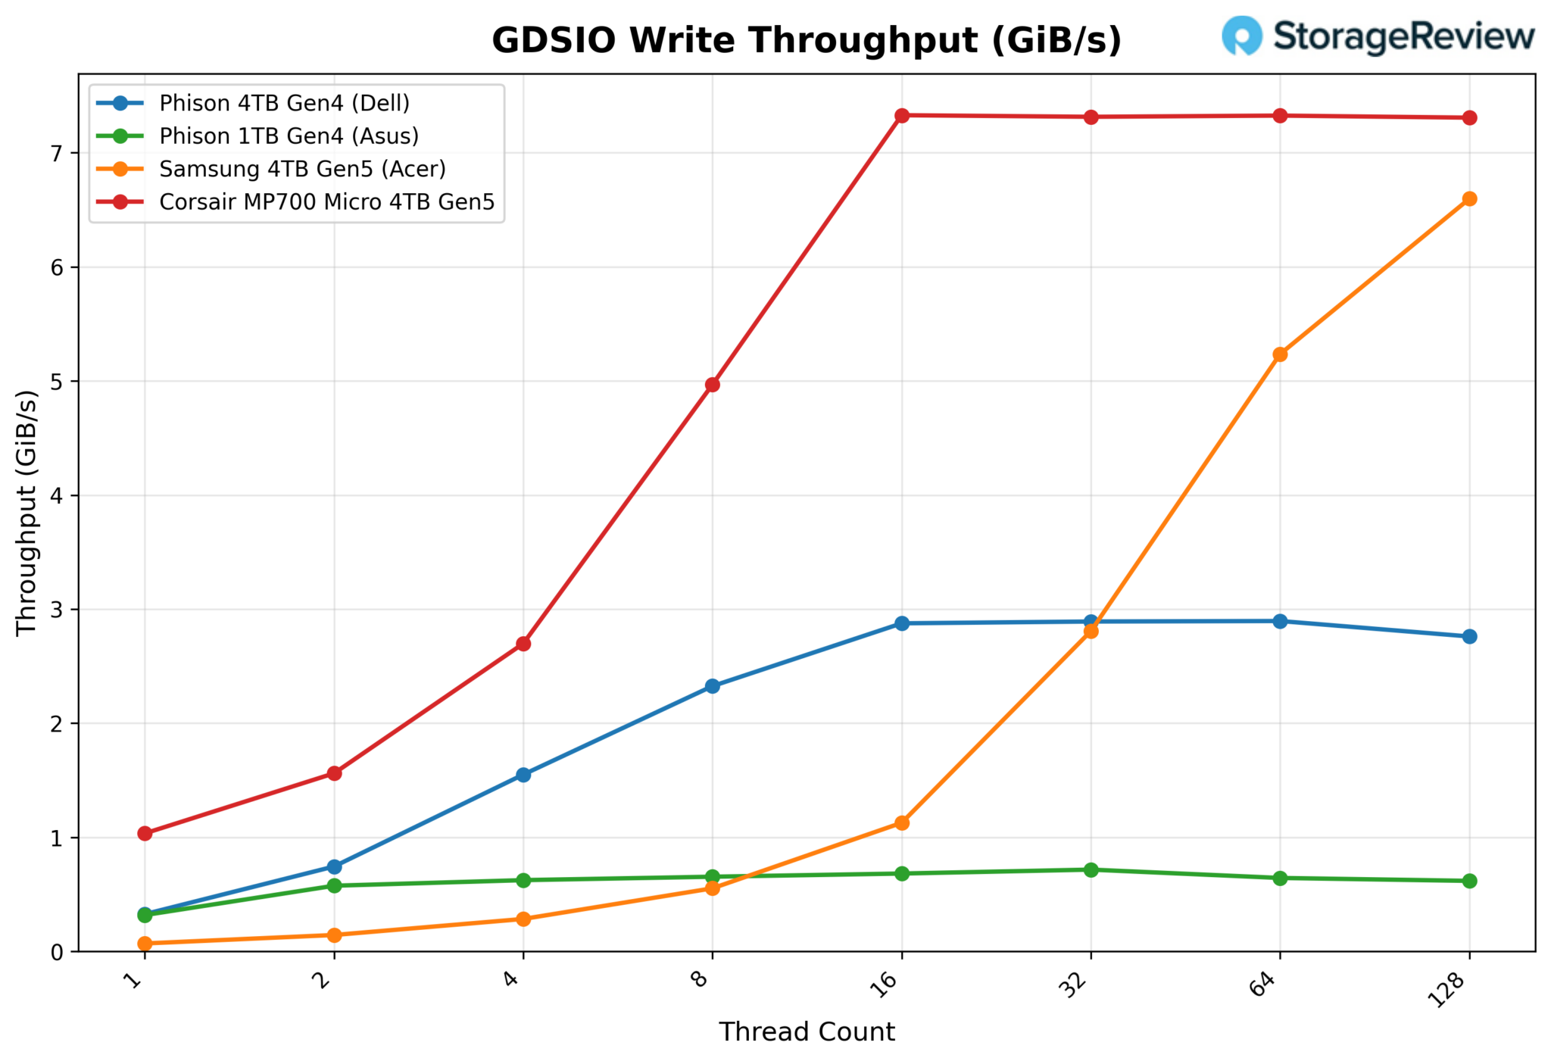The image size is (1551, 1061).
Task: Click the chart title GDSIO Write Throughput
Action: (x=806, y=40)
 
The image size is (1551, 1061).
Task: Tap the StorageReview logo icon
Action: (x=1241, y=36)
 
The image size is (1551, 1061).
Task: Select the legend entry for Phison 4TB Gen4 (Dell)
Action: (x=284, y=103)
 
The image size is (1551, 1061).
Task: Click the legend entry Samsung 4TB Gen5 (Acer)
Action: (x=302, y=169)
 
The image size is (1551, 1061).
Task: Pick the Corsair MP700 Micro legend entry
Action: (x=326, y=202)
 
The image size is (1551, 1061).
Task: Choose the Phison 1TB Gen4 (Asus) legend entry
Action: (x=289, y=136)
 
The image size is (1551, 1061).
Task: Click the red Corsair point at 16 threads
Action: (x=901, y=116)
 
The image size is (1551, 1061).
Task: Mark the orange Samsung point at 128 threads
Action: (x=1469, y=199)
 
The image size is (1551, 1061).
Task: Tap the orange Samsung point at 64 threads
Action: (x=1280, y=354)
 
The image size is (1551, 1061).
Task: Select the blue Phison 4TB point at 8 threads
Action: (x=712, y=686)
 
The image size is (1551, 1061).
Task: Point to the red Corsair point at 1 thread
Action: (x=145, y=833)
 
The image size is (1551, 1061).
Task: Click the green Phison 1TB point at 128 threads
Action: (x=1469, y=881)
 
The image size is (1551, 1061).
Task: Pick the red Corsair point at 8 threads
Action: (x=712, y=385)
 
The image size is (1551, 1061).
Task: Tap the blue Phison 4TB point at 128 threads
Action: (x=1469, y=636)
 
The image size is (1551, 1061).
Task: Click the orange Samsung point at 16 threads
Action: (x=901, y=822)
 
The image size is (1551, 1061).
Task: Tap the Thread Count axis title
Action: (x=807, y=1032)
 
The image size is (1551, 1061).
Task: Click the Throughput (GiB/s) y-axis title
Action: (x=27, y=513)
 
